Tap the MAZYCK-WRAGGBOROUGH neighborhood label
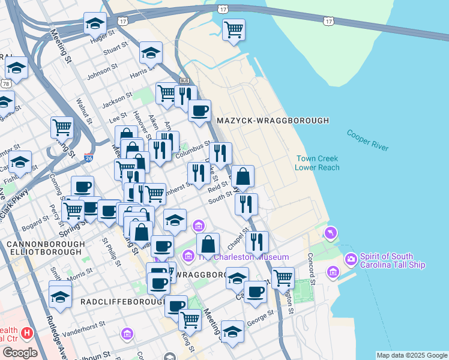273,121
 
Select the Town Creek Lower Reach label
316,163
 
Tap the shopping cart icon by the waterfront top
234,29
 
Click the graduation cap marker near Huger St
94,23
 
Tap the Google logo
20,353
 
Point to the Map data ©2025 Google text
412,355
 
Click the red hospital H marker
26,332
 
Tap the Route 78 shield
6,83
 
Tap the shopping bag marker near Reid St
243,176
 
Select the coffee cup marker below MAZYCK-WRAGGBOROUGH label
199,110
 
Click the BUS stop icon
184,80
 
